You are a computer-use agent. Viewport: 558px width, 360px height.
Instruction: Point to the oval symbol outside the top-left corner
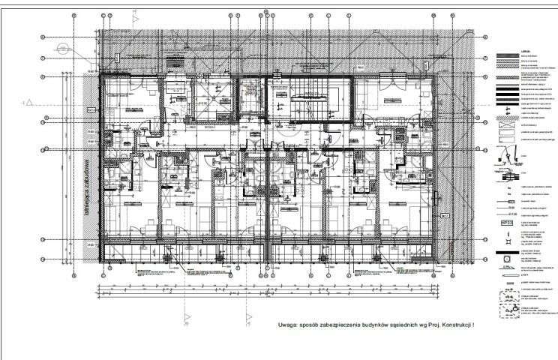[62, 46]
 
